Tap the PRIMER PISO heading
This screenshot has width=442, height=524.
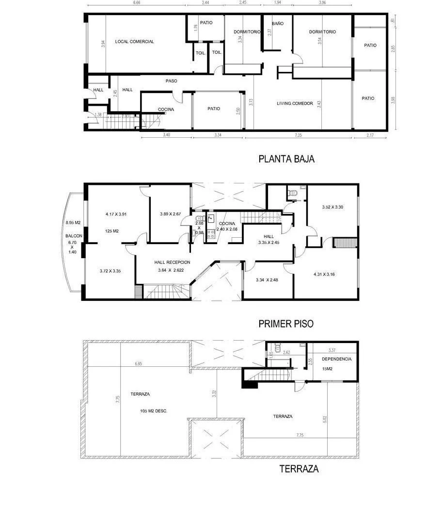point(286,324)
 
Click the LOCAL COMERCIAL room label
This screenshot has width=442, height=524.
point(135,42)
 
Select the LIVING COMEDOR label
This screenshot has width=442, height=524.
point(295,103)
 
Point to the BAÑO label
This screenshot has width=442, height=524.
point(278,23)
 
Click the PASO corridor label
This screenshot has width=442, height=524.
point(171,81)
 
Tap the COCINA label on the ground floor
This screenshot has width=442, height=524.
point(166,110)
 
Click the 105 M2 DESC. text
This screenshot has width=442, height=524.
point(154,411)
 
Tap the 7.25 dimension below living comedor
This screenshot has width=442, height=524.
point(298,135)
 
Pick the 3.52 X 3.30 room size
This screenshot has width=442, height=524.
point(332,207)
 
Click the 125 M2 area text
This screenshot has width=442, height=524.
point(112,231)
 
